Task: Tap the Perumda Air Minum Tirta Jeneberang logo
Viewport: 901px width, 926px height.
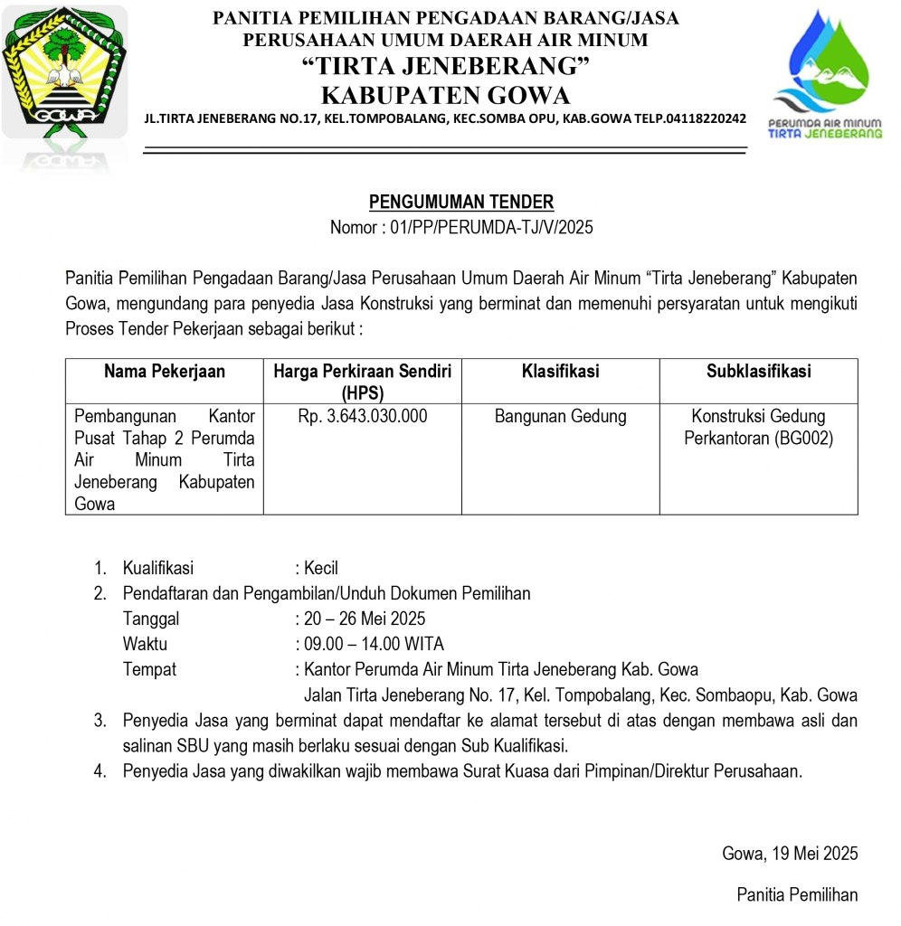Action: (x=824, y=77)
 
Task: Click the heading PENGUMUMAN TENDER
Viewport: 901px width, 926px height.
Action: (x=461, y=203)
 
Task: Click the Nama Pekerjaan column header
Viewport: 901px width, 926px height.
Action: (x=165, y=372)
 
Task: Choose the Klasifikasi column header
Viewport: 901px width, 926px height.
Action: (x=560, y=372)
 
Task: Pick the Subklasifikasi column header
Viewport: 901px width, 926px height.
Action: (x=758, y=372)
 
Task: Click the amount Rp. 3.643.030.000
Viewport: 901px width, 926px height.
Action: (x=363, y=417)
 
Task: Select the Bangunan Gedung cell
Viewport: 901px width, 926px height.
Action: (x=560, y=417)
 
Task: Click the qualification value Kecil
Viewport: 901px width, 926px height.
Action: (x=321, y=569)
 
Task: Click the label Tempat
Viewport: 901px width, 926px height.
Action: (x=149, y=670)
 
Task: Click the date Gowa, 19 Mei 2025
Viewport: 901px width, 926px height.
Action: (x=790, y=854)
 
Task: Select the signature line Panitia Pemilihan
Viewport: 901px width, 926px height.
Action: (x=797, y=895)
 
